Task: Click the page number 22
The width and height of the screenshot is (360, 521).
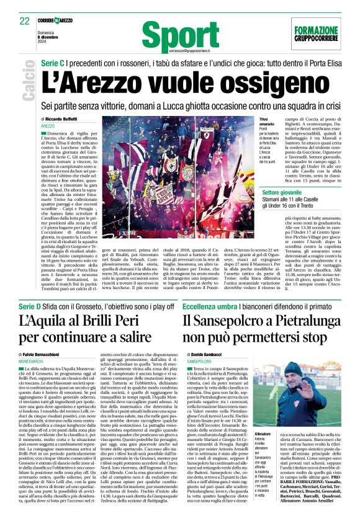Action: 25,21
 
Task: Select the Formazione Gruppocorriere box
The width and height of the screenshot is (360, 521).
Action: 317,32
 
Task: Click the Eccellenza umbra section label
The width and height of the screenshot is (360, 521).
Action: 209,290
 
